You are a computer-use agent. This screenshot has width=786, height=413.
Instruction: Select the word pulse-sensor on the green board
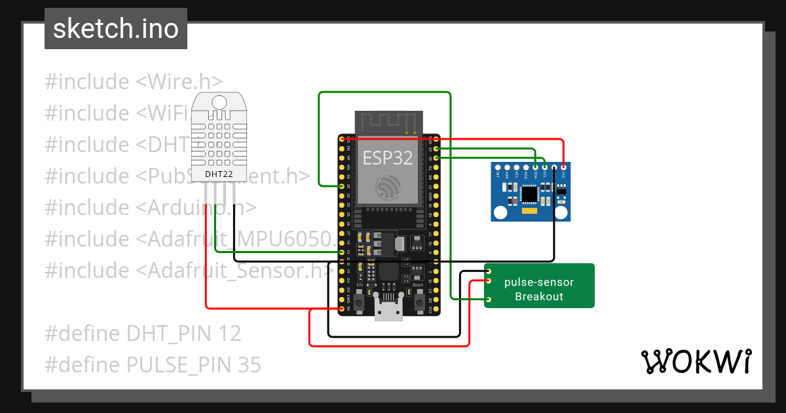point(538,283)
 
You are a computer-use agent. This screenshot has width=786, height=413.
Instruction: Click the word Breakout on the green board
point(538,296)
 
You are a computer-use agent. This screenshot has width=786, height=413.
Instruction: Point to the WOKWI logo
point(696,362)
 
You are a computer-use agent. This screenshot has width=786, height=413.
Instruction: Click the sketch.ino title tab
point(116,29)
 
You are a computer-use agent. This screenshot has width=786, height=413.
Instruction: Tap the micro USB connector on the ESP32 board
point(388,310)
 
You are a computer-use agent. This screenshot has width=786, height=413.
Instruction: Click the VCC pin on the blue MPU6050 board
point(563,168)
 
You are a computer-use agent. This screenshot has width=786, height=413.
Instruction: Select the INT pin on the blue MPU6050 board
point(498,168)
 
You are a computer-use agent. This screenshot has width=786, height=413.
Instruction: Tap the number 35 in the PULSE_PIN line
point(249,364)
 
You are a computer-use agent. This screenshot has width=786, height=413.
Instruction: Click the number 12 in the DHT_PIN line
point(229,334)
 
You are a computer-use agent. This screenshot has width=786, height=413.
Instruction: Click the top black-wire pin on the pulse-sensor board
point(488,271)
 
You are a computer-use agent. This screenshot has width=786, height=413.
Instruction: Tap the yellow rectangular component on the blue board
point(529,212)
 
